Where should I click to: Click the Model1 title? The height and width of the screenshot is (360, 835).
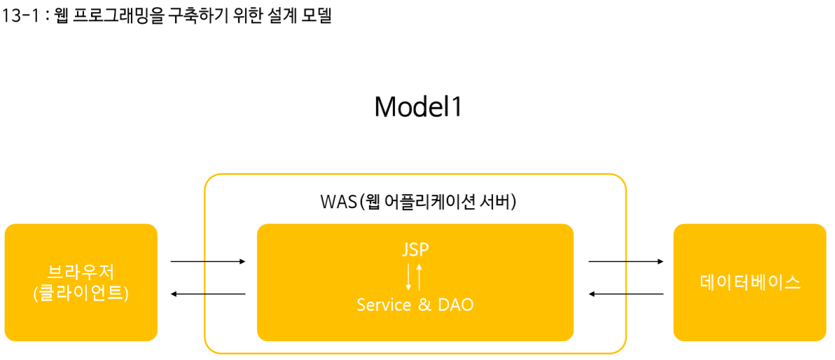pyautogui.click(x=418, y=107)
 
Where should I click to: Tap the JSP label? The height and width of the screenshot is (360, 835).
pyautogui.click(x=415, y=249)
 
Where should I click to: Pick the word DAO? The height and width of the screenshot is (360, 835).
pyautogui.click(x=456, y=305)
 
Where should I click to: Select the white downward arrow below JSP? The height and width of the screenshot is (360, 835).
pyautogui.click(x=410, y=277)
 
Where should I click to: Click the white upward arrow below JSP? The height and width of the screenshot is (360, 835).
pyautogui.click(x=420, y=277)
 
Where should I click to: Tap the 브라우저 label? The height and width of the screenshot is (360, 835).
pyautogui.click(x=81, y=272)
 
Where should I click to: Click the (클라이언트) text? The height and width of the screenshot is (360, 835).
pyautogui.click(x=81, y=293)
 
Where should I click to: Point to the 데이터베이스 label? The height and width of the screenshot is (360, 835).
pyautogui.click(x=750, y=282)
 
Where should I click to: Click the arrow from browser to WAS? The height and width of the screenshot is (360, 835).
pyautogui.click(x=208, y=262)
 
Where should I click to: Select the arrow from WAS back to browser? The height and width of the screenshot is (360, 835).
pyautogui.click(x=208, y=294)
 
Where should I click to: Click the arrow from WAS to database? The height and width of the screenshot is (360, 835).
pyautogui.click(x=626, y=262)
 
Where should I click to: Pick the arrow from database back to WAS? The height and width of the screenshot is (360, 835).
pyautogui.click(x=626, y=294)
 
